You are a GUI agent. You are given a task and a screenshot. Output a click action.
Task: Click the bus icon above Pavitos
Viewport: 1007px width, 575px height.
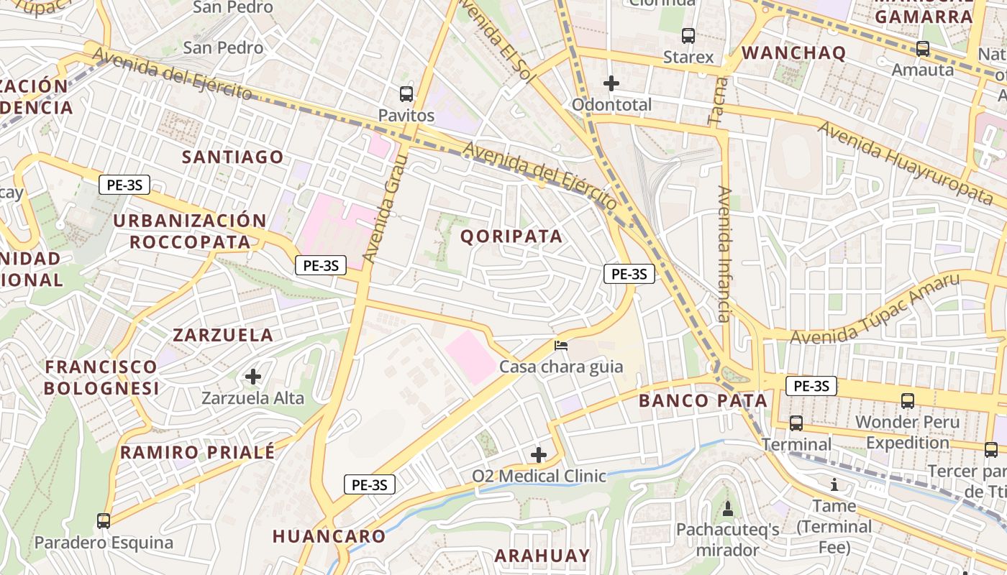click(x=406, y=93)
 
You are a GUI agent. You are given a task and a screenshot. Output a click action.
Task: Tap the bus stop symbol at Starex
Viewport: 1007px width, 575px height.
click(x=688, y=35)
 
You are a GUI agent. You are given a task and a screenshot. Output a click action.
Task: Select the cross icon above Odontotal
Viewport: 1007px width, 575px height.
click(x=611, y=83)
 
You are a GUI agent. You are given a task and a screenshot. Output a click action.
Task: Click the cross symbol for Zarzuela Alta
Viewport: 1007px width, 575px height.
click(x=253, y=376)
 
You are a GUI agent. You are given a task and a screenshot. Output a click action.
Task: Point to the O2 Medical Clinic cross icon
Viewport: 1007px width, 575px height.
click(x=539, y=454)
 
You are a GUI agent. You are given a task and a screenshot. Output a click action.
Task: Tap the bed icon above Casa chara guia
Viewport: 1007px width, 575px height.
click(x=561, y=346)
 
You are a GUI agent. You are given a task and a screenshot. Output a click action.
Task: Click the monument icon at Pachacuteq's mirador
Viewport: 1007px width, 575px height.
click(x=728, y=509)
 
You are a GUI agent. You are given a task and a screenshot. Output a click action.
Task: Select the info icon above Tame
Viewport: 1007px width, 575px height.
click(x=834, y=484)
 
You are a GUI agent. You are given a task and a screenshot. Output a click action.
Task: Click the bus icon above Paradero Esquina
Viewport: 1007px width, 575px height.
click(x=104, y=520)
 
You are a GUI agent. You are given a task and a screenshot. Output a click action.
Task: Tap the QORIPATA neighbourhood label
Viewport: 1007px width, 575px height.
click(x=511, y=236)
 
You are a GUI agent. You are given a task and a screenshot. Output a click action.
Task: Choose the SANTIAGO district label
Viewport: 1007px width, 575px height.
click(x=232, y=157)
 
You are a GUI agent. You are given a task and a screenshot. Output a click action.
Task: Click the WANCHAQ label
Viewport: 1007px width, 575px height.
click(x=793, y=52)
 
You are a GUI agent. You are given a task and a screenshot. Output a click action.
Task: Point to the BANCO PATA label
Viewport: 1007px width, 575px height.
click(x=703, y=400)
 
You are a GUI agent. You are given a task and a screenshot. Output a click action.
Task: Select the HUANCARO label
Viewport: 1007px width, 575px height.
click(x=329, y=536)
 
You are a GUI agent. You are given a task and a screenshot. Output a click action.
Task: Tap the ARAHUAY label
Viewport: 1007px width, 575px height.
click(x=542, y=556)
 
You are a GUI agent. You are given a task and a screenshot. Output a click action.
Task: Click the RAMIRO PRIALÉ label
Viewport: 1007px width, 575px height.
click(x=197, y=452)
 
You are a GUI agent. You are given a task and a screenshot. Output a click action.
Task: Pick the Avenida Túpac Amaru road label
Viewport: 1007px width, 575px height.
click(x=875, y=309)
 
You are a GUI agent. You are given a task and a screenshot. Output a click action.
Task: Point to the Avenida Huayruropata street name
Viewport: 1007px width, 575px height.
click(x=906, y=162)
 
